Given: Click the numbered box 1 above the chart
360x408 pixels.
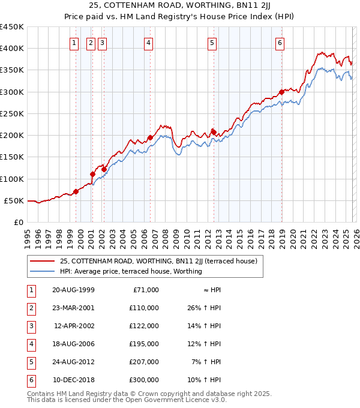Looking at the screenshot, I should coord(74,43).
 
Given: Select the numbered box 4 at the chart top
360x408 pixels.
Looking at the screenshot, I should coord(148,43).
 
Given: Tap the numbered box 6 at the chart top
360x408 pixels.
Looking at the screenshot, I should coord(280,43).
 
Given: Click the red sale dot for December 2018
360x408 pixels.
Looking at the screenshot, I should coord(281,92).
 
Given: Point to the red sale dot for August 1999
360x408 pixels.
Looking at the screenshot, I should coord(76,192).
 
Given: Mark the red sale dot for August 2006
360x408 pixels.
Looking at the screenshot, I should coord(150,137).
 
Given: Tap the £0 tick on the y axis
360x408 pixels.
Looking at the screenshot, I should coord(19,222).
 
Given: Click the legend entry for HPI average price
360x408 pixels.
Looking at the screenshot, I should coord(130,271).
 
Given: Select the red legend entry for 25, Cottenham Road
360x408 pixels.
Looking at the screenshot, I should coord(158,261).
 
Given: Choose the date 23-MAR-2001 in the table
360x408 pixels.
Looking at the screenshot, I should coord(73,308).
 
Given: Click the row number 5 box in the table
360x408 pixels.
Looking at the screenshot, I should coord(30,362).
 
